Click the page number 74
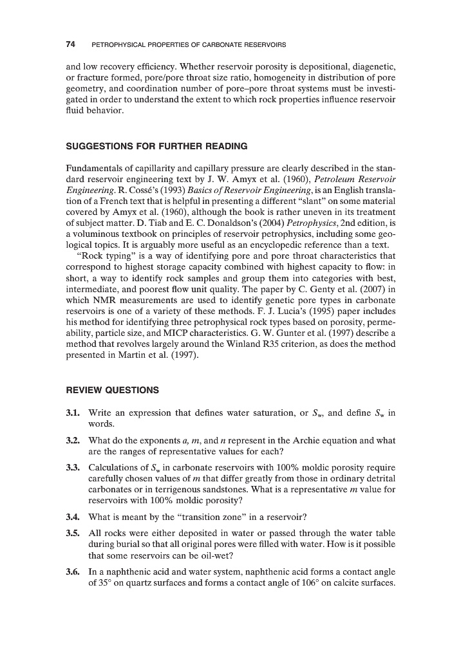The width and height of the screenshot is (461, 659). (x=71, y=44)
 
